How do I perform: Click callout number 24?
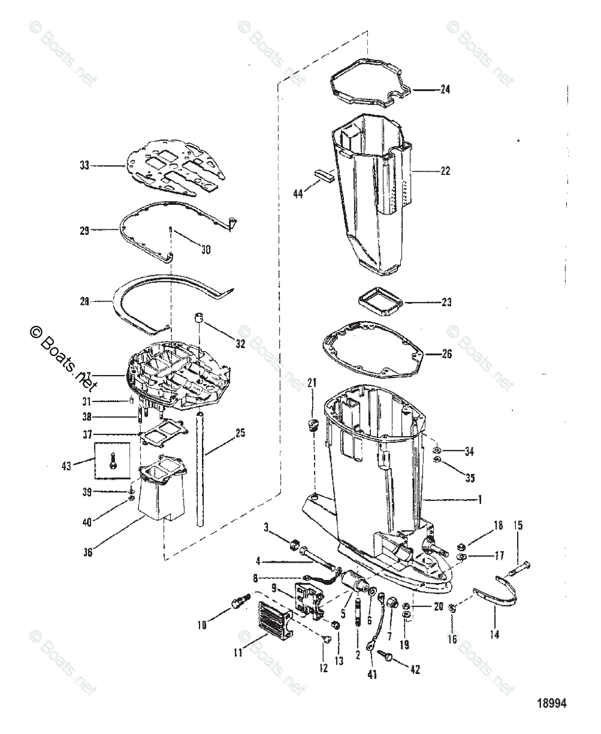point(444,89)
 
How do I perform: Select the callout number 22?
point(444,171)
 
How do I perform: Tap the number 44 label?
point(298,194)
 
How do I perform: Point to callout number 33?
point(84,165)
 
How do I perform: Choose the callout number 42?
point(415,670)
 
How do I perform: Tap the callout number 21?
point(312,383)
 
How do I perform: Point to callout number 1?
point(479,500)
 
